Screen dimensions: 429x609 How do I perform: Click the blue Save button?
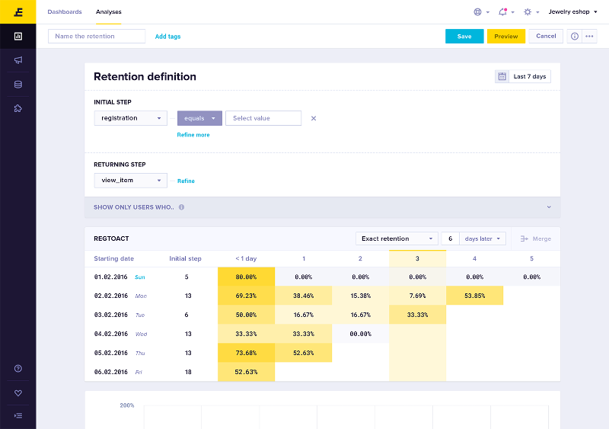[464, 36]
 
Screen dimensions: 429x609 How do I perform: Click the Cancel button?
[546, 36]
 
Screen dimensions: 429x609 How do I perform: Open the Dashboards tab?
[64, 12]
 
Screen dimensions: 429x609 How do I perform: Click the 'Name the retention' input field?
[97, 36]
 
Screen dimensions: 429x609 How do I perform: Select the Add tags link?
[167, 37]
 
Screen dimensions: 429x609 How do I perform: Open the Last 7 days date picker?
[523, 76]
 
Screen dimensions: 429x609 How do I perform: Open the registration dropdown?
[130, 118]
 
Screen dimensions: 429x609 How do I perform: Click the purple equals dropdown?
[199, 118]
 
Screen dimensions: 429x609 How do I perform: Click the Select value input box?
[263, 118]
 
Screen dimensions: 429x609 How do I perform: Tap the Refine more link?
[193, 135]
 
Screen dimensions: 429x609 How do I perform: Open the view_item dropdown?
[130, 180]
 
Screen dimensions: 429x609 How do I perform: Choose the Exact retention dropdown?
[397, 239]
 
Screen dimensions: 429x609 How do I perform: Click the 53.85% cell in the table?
[474, 296]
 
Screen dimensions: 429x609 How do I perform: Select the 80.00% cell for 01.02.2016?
[246, 277]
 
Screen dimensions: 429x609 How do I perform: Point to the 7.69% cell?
[417, 296]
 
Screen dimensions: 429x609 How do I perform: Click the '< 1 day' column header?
[246, 258]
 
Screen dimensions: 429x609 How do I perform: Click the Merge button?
[536, 239]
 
